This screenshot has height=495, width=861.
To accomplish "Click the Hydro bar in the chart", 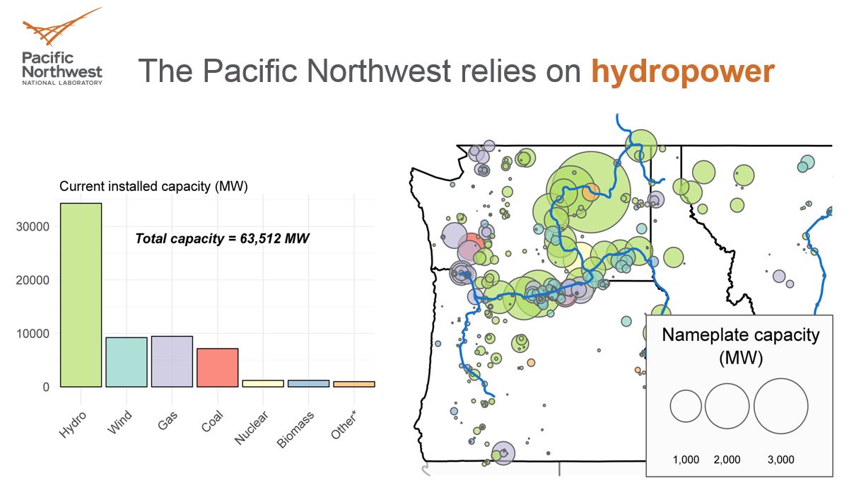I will (81, 295).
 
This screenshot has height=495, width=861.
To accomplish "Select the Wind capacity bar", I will (127, 362).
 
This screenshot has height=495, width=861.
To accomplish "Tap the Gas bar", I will (172, 361).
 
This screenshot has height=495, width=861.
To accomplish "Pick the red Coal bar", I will (218, 368).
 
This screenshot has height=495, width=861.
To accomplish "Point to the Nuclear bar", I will (263, 383).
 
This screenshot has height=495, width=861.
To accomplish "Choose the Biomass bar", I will (308, 383).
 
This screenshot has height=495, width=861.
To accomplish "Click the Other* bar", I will (354, 384).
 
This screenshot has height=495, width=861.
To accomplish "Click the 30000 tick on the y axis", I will (33, 227).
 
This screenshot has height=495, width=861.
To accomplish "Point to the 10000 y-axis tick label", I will (33, 334).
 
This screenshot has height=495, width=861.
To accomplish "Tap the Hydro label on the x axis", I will (74, 423).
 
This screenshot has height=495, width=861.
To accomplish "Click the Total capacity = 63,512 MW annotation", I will (222, 238).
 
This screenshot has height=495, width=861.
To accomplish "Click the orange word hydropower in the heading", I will (682, 71).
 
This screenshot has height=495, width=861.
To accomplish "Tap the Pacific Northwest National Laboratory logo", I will (62, 47).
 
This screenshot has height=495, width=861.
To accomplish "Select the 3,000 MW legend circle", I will (780, 406).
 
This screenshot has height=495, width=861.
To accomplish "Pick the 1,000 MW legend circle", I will (686, 406).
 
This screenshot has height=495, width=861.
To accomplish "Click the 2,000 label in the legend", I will (727, 460).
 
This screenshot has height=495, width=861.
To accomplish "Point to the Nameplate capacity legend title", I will (740, 345).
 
